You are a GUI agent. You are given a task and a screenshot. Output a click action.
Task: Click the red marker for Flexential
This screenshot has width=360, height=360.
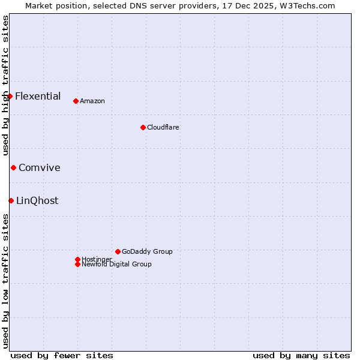(10, 96)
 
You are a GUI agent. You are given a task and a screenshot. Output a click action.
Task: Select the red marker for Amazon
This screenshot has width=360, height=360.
(76, 101)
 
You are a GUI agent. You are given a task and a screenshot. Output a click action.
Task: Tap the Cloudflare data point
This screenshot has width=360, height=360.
(143, 127)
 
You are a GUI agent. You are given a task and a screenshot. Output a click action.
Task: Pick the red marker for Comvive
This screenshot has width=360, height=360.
(13, 167)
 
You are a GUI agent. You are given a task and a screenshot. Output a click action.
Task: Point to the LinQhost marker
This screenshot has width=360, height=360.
(11, 200)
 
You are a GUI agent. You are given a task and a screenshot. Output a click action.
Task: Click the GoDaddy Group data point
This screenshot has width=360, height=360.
(118, 251)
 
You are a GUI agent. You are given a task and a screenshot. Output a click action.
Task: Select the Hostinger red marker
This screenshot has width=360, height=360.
(77, 259)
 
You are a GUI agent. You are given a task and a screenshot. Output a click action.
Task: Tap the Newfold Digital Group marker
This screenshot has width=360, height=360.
(77, 264)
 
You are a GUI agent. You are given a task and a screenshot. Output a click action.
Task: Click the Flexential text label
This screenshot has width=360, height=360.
(38, 96)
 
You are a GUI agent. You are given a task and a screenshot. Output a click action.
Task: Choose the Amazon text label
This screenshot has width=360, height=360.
(92, 101)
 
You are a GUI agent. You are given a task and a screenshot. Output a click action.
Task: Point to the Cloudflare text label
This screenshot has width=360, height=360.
(163, 127)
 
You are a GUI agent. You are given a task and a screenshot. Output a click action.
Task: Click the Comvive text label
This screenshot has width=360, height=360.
(40, 167)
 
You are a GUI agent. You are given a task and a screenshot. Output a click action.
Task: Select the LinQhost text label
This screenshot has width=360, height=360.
(37, 200)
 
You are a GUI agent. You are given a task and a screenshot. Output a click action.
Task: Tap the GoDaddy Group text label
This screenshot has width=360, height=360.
(147, 251)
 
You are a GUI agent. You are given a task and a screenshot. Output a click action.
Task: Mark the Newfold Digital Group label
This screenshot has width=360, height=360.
(117, 264)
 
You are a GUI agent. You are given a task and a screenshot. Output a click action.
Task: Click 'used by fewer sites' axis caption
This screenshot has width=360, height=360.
(62, 355)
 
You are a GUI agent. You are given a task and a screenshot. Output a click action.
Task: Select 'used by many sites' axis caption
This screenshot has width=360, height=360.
(301, 355)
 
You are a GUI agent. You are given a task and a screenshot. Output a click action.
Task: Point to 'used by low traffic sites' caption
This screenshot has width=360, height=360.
(5, 281)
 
